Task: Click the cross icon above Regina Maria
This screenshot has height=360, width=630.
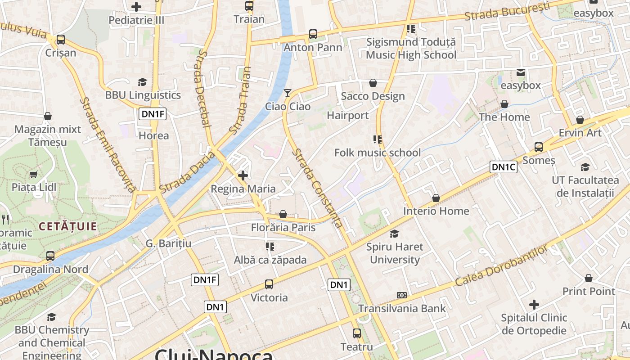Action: click(243, 175)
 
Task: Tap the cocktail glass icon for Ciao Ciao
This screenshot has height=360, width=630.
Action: click(288, 93)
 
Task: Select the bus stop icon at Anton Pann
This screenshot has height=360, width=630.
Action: click(313, 34)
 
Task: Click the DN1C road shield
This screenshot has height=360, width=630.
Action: click(504, 167)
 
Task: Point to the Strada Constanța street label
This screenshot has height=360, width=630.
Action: click(318, 188)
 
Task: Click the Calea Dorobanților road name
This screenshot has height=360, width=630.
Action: click(502, 266)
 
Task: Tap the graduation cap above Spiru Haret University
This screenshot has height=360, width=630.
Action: click(395, 234)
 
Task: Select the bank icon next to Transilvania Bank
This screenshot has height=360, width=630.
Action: click(402, 295)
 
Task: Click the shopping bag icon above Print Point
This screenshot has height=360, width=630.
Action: click(589, 278)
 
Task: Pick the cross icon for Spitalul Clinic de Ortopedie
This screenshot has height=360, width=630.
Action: click(534, 305)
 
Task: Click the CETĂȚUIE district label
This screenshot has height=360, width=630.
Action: click(68, 226)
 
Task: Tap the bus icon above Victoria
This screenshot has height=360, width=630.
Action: click(269, 284)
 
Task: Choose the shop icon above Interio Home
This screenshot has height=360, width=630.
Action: click(436, 198)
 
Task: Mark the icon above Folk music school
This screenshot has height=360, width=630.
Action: click(378, 139)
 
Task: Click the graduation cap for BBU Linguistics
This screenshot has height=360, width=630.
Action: click(143, 82)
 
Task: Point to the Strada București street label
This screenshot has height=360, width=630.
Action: click(507, 11)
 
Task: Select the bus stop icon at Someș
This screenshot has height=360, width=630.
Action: click(539, 147)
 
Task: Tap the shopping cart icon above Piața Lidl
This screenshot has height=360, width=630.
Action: click(33, 174)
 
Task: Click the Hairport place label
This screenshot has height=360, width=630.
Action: click(348, 116)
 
